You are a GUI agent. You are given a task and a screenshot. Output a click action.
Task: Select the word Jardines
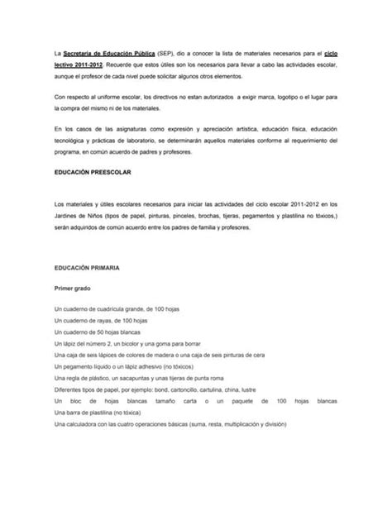69,214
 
